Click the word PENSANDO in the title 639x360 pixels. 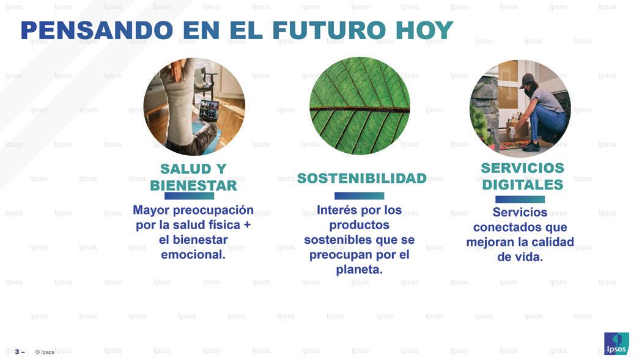pos(97,30)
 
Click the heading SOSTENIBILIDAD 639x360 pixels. pos(362,178)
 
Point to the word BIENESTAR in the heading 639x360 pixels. pos(194,186)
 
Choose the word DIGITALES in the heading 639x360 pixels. pos(522,185)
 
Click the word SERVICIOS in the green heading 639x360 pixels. pos(522,168)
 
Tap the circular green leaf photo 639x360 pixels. pos(360,106)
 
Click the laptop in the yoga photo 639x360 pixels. pos(209,111)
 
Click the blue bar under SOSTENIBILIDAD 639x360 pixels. pos(360,196)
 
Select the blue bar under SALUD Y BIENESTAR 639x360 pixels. pos(190,196)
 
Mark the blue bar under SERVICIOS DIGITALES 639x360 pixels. pos(520,199)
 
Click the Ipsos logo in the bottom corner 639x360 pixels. pos(616,343)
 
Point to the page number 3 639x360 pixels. pos(17,351)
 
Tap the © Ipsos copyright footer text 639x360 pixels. pos(45,352)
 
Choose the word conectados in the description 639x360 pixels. pos(503,227)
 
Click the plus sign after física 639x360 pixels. pos(246,225)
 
